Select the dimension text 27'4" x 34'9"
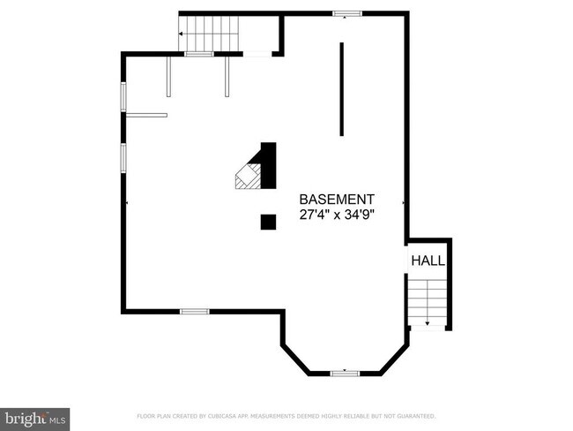[x=337, y=215]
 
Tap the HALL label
[x=428, y=261]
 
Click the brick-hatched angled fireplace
[x=246, y=176]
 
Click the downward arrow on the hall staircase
[x=428, y=322]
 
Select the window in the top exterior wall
[x=346, y=13]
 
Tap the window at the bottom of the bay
[x=345, y=374]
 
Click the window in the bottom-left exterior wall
[x=194, y=311]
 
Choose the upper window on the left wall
[x=123, y=96]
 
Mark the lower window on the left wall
[x=123, y=157]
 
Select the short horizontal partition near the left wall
[x=146, y=114]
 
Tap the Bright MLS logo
[x=35, y=418]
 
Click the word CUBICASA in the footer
[x=228, y=415]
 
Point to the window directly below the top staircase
[x=199, y=55]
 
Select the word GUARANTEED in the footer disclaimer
[x=413, y=415]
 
